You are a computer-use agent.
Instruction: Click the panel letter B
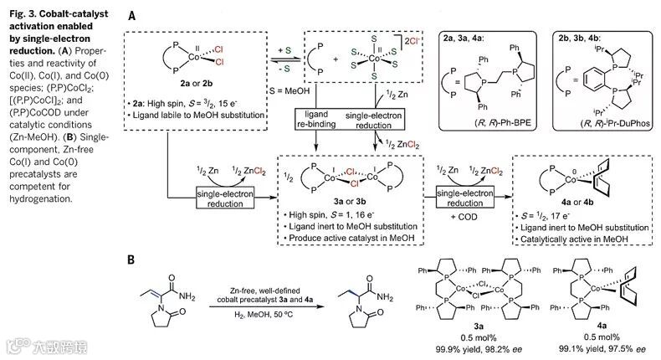pyautogui.click(x=131, y=260)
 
